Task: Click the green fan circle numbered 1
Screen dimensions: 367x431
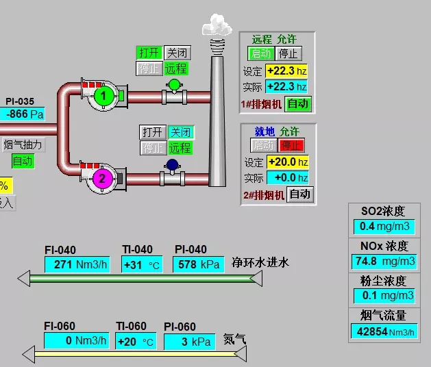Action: coord(103,97)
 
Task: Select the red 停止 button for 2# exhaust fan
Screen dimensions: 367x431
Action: coord(291,145)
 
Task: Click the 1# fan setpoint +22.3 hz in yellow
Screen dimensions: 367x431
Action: coord(286,71)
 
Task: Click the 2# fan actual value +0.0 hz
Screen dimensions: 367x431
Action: coord(286,177)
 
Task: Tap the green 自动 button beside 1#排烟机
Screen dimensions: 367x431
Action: coord(298,104)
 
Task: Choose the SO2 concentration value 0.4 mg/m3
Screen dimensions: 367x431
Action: coord(384,227)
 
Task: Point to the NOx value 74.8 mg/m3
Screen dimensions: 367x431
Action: coord(384,261)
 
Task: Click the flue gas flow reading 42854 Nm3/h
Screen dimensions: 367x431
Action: coord(384,331)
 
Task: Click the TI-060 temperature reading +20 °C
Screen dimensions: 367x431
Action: coord(136,342)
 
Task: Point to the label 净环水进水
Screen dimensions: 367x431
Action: coord(260,262)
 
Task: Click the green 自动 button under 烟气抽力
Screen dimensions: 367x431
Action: coord(23,162)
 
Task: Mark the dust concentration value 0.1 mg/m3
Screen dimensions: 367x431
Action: coord(384,296)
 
